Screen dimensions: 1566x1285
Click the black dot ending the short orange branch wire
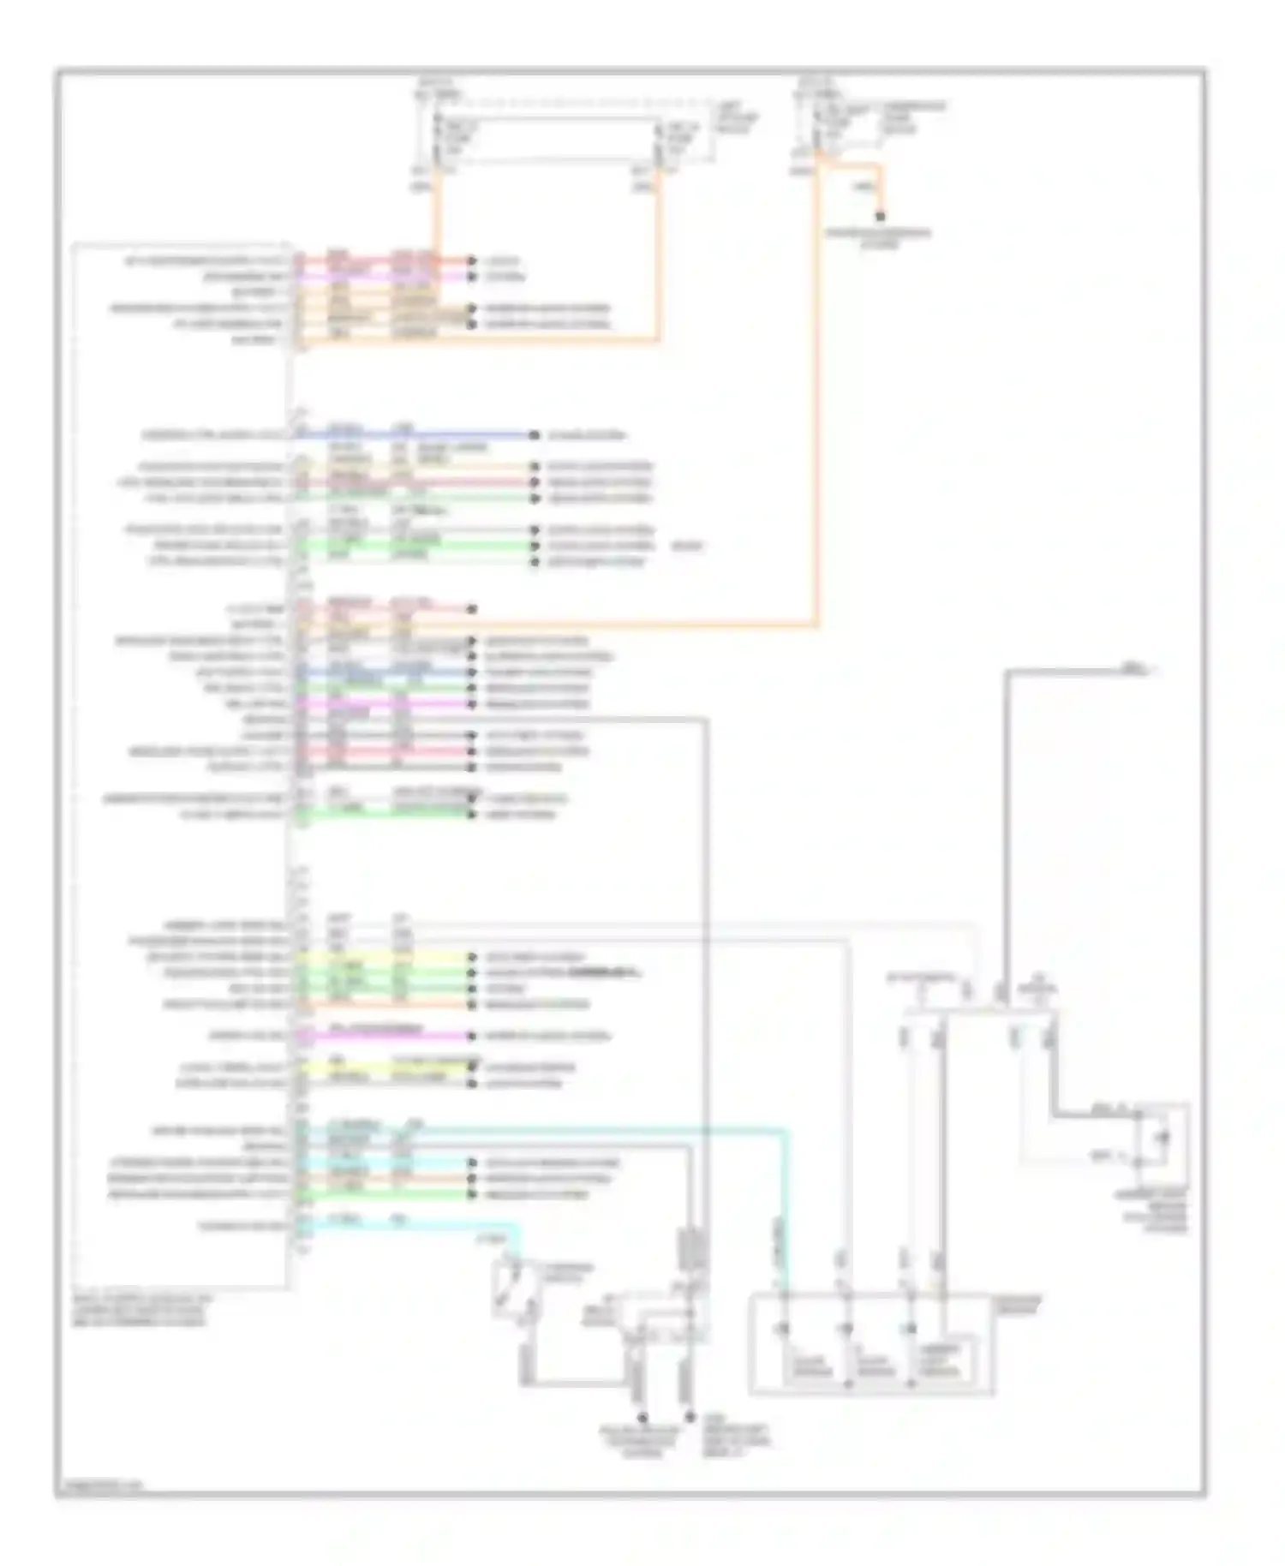880,217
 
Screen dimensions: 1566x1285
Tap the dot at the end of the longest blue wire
533,435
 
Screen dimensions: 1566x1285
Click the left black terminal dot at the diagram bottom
640,1419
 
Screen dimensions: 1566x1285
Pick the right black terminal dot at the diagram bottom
688,1419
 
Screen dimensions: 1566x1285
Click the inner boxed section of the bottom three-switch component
946,1361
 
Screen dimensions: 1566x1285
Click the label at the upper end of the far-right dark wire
1133,668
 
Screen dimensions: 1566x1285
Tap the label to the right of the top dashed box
737,117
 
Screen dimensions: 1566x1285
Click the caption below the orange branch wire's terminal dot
879,237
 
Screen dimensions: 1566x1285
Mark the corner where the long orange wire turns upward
816,625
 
